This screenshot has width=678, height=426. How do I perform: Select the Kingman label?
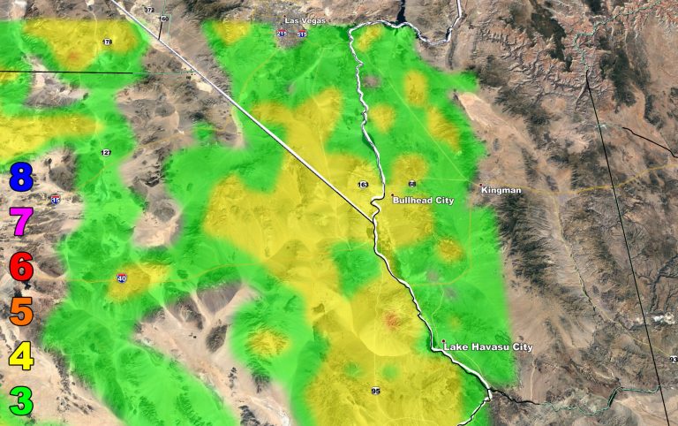[501, 190]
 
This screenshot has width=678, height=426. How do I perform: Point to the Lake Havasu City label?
[488, 346]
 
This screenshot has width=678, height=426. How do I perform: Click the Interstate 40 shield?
[121, 278]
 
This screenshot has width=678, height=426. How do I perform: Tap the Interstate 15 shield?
[56, 201]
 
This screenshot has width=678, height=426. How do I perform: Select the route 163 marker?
[362, 185]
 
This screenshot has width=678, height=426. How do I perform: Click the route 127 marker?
[106, 153]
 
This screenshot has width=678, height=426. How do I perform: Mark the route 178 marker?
[108, 42]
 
